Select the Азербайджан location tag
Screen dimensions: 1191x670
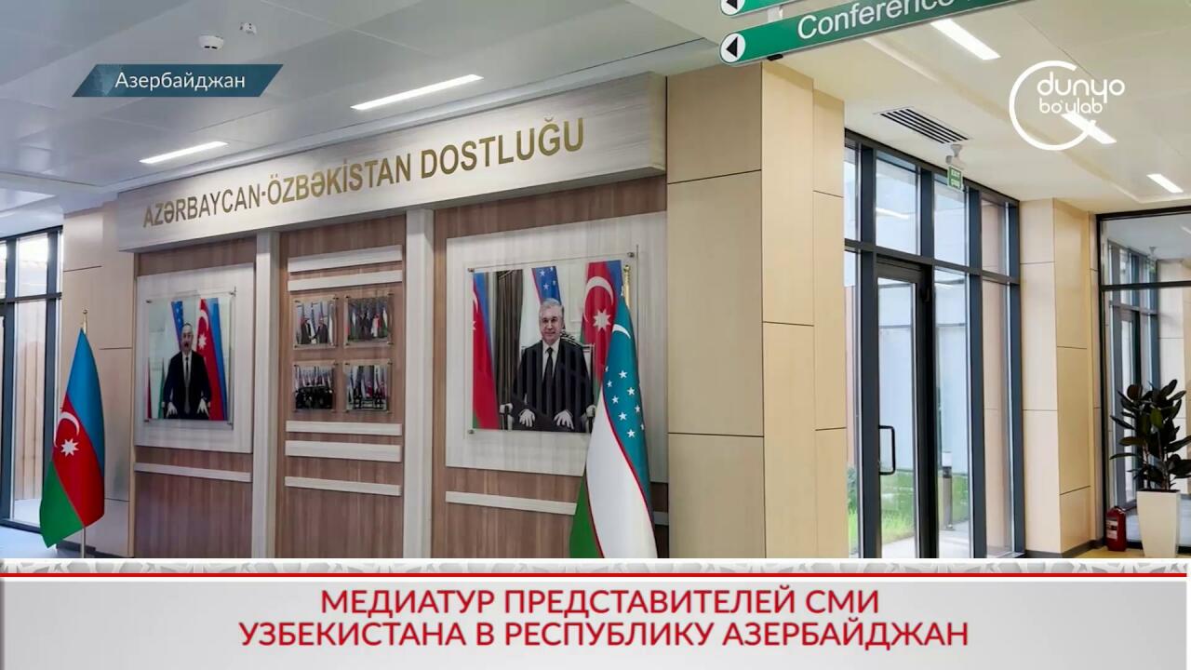coord(178,80)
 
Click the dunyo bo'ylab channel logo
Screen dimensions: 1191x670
coord(1066,105)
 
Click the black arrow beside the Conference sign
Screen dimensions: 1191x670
coord(732,47)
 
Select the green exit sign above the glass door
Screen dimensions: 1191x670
coord(956,178)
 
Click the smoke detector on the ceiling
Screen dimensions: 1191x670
coord(211,42)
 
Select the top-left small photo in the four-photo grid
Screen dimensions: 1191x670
coord(314,322)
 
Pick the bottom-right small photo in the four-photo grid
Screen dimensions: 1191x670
coord(367,386)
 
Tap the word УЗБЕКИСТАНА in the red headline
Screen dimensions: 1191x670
coord(352,634)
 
